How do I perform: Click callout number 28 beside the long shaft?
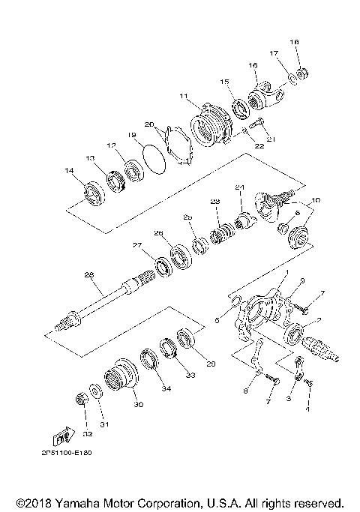(89, 276)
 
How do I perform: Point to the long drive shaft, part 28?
(112, 301)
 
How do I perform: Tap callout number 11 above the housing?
(184, 96)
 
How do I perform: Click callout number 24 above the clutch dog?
(240, 187)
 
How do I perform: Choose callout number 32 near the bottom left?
(87, 433)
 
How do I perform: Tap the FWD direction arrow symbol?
(64, 437)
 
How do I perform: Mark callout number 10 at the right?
(315, 200)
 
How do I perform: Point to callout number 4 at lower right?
(306, 412)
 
